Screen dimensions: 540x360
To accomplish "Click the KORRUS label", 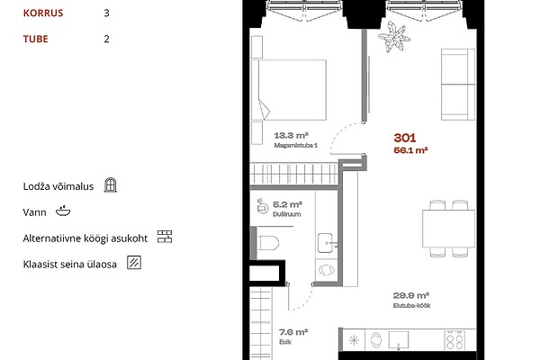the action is pos(43,13).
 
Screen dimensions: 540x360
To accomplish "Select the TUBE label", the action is pos(35,39).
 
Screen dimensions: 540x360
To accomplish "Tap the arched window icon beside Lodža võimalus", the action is pos(110,185).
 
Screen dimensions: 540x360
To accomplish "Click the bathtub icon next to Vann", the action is pos(63,211).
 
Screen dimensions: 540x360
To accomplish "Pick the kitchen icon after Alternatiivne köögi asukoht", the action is pos(165,237).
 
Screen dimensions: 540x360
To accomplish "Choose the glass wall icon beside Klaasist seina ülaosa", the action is pos(134,263).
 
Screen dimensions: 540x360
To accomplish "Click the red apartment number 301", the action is pos(405,138).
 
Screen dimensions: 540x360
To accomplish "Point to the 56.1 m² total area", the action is pos(410,150).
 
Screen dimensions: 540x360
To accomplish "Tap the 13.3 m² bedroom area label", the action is pos(291,135).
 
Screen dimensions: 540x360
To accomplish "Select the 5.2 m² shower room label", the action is pos(288,204).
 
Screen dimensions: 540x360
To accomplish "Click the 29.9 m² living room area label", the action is pos(411,295).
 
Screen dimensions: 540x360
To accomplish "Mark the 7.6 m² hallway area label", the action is pos(293,332).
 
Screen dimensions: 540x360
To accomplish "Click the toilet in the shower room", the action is pos(267,243).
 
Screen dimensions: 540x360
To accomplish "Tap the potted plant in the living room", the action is pos(394,37).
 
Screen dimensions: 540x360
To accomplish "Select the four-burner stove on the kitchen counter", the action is pos(454,340).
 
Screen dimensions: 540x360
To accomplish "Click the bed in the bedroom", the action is pos(289,90).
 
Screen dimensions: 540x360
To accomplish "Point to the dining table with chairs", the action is pos(449,229).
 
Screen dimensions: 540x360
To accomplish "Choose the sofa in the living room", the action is pos(458,85).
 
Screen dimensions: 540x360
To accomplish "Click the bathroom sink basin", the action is pos(326,243).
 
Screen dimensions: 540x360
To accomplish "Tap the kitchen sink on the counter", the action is pos(399,340).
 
